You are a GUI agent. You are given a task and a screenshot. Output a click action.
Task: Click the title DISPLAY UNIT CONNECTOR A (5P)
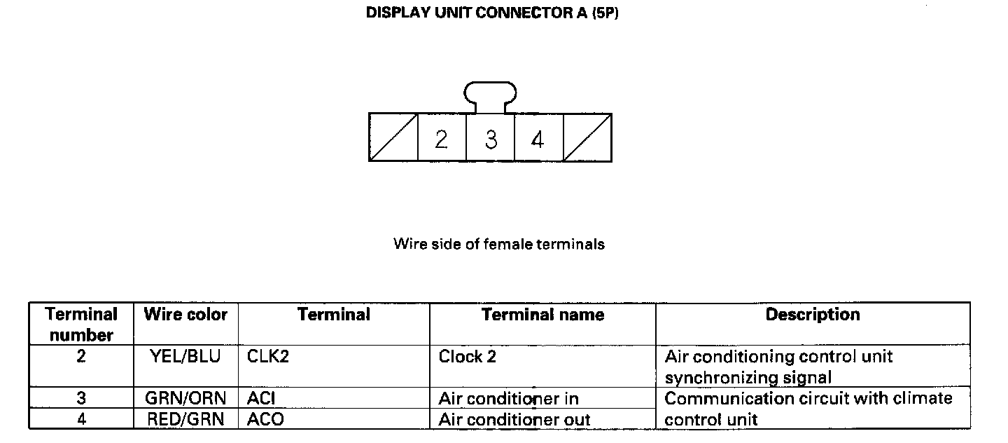[492, 14]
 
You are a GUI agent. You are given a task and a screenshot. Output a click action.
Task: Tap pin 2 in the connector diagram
[441, 139]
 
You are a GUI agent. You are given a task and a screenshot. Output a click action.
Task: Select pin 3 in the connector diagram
[491, 139]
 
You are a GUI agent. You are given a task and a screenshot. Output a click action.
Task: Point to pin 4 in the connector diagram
[538, 139]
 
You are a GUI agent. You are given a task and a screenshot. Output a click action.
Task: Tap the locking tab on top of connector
[490, 96]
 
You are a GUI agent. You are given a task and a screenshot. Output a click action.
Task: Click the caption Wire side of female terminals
[498, 245]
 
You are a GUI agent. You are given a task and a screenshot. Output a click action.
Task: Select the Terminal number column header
[81, 324]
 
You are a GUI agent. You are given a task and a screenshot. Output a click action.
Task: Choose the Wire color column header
[185, 315]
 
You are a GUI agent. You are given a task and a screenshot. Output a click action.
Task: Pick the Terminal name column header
[542, 315]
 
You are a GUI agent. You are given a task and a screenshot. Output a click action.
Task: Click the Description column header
[812, 315]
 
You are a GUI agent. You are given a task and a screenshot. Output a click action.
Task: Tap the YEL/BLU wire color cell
[185, 357]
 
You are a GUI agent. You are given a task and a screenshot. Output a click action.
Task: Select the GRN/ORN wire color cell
[185, 399]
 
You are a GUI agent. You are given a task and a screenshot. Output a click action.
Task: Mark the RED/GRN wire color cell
[185, 420]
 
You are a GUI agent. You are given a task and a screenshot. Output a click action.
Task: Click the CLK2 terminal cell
[268, 357]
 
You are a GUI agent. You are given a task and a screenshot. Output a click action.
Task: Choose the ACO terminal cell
[265, 420]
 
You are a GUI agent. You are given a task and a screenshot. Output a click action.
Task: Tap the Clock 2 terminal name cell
[468, 357]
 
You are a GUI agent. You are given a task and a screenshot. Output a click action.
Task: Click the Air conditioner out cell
[514, 420]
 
